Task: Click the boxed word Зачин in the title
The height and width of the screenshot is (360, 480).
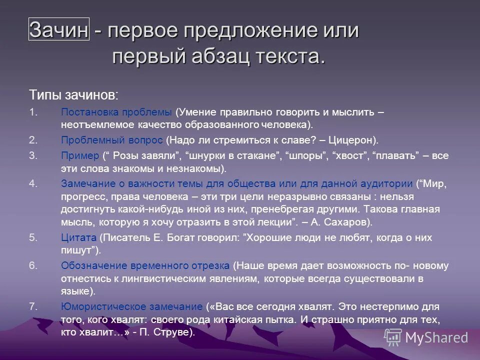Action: click(x=59, y=30)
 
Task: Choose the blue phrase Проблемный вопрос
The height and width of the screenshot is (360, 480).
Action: click(x=112, y=140)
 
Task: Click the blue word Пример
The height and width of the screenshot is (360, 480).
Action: click(x=80, y=155)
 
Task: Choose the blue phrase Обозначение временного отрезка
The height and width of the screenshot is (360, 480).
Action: click(x=145, y=265)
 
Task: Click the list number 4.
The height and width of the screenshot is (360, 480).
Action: click(x=33, y=183)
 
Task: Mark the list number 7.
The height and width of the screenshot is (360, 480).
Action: click(x=33, y=306)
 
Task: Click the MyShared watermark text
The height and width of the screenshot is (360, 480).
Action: click(x=436, y=337)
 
